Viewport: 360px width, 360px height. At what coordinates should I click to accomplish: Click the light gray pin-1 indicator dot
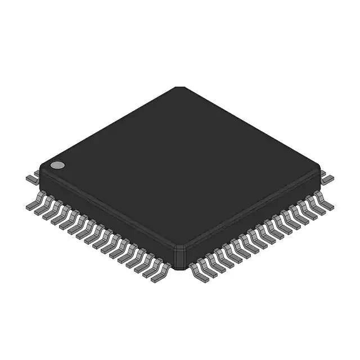point(57,165)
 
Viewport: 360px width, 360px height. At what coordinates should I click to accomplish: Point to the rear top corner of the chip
point(179,88)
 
